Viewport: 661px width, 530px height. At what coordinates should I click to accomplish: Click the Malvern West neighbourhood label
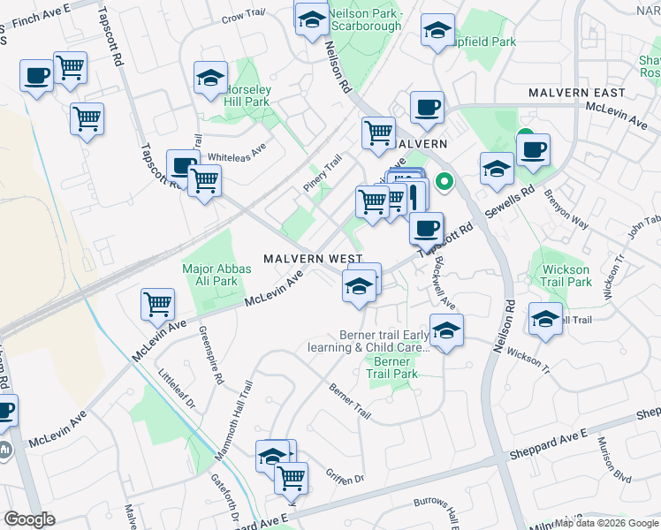(x=313, y=258)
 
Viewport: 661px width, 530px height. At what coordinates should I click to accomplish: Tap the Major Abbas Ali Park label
(x=210, y=275)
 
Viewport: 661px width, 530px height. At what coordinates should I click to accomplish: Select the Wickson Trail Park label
(x=566, y=276)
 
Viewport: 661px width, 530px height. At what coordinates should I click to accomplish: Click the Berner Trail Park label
(x=391, y=367)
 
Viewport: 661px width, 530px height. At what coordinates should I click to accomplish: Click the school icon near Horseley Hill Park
(x=210, y=79)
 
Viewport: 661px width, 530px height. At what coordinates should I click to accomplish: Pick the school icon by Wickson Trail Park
(x=545, y=318)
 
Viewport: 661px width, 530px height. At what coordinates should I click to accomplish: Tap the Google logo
(x=29, y=519)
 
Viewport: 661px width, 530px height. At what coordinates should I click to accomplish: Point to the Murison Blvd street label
(x=613, y=459)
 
